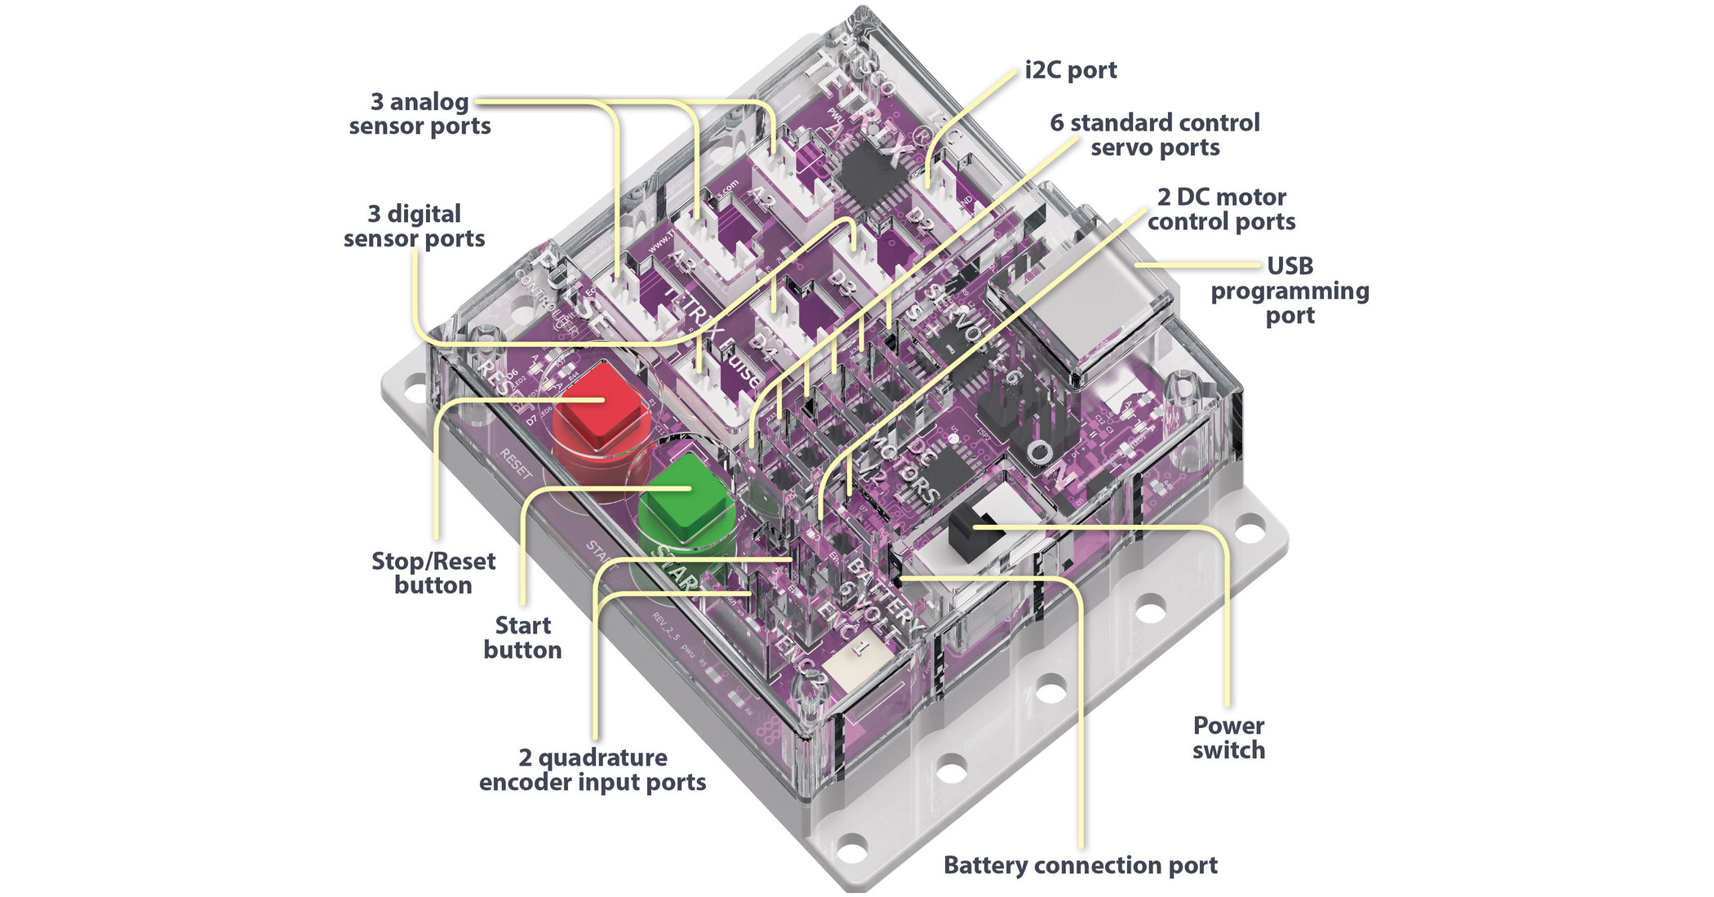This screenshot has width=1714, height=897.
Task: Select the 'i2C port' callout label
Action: (x=1070, y=70)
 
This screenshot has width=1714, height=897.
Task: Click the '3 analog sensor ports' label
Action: (x=420, y=113)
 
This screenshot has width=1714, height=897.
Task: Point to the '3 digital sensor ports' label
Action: (x=414, y=226)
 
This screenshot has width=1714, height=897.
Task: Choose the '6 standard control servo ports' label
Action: (x=1154, y=135)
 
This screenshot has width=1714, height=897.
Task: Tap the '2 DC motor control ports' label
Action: (x=1221, y=209)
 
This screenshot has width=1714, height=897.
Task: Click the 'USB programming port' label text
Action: (x=1290, y=291)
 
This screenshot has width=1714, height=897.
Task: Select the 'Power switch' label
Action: (x=1228, y=738)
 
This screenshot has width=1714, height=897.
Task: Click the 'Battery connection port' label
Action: (x=1080, y=865)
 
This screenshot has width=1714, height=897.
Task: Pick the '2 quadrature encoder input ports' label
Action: (x=593, y=770)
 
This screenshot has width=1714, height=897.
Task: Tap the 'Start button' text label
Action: (x=522, y=637)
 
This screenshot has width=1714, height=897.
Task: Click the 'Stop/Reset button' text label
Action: (x=433, y=573)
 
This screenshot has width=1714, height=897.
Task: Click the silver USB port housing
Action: (x=1077, y=314)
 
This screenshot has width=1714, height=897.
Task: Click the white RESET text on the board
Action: (x=517, y=464)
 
